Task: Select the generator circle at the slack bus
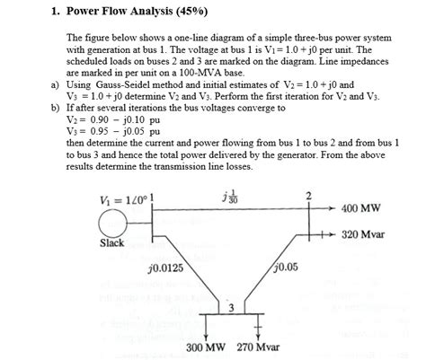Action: coord(112,219)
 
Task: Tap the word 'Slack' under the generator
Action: coord(111,243)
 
